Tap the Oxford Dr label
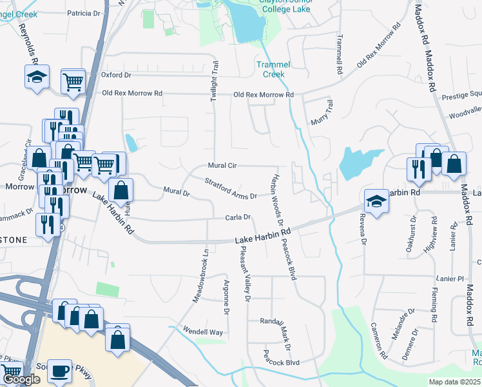[x=116, y=75]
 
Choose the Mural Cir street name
[x=222, y=166]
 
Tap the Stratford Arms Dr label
[x=231, y=189]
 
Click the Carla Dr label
[x=237, y=218]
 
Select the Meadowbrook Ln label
[x=202, y=275]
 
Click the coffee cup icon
[x=60, y=371]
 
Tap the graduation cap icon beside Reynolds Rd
[x=38, y=77]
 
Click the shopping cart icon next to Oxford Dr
[x=73, y=81]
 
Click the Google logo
[x=21, y=380]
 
